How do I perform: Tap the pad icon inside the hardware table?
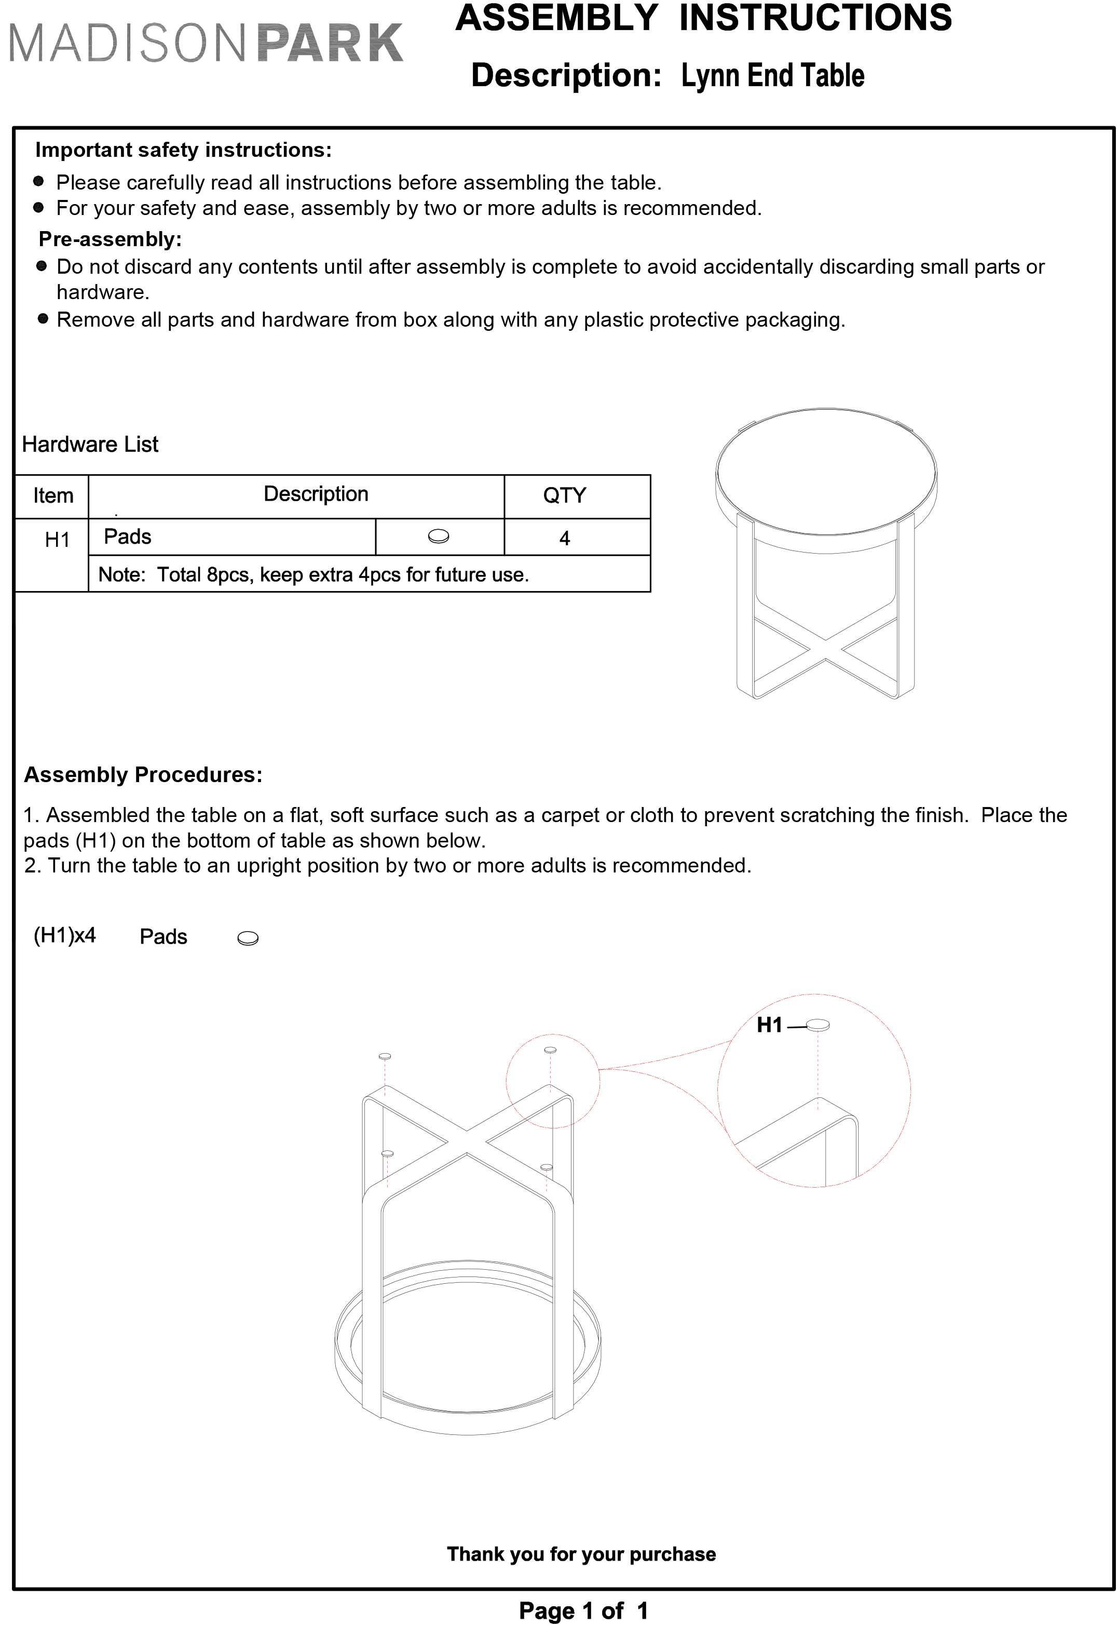(x=439, y=537)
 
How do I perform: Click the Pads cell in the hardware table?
(x=128, y=537)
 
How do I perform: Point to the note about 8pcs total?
(x=313, y=575)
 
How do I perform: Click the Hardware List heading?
(x=90, y=445)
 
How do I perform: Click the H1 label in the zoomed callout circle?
(x=769, y=1025)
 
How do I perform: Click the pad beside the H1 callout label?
(x=817, y=1026)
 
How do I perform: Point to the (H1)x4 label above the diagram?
(x=64, y=936)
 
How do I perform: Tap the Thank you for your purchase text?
(x=581, y=1554)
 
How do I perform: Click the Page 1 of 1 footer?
(x=583, y=1610)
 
